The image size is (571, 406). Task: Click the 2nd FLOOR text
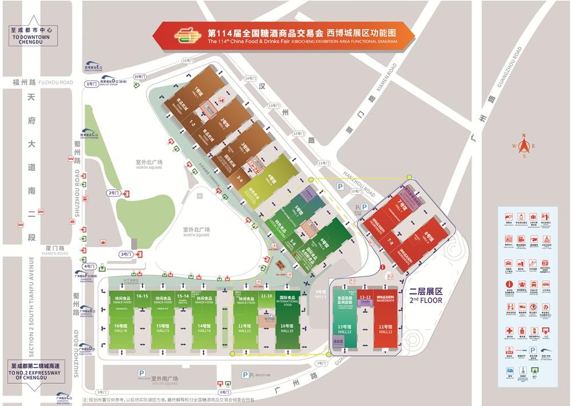(x=426, y=300)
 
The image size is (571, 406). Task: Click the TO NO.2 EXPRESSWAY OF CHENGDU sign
(x=31, y=375)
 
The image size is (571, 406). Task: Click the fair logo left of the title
(x=188, y=36)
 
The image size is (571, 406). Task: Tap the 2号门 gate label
(x=113, y=193)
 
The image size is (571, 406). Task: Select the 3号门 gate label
(x=125, y=254)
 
